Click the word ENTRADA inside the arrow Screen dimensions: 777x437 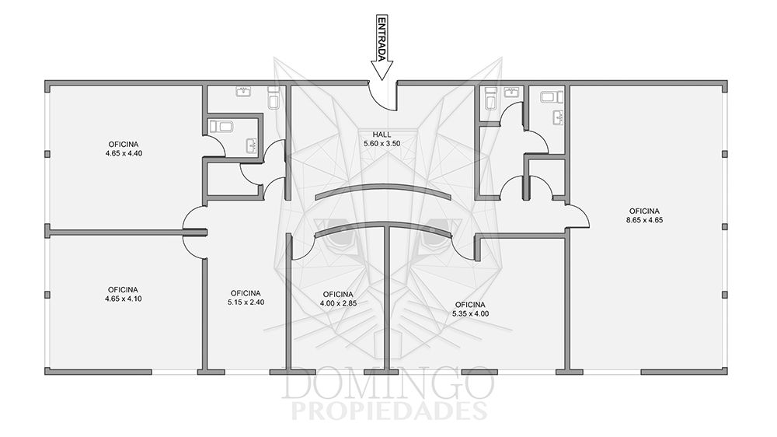pos(382,39)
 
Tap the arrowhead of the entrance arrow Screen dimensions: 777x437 pos(382,70)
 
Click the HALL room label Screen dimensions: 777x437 pos(382,135)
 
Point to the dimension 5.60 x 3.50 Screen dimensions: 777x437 pos(382,143)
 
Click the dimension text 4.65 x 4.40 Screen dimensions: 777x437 pos(124,153)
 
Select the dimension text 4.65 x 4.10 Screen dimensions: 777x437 pos(123,299)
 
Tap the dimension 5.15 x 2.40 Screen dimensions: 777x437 pos(246,302)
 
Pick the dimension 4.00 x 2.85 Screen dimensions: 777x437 pos(338,303)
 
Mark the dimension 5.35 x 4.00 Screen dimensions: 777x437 pos(470,313)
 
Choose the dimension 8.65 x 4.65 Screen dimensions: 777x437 pos(644,220)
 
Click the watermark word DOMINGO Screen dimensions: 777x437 pos(388,383)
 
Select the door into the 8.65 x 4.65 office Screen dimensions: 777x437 pos(578,216)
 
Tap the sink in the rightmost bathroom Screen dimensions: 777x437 pos(559,117)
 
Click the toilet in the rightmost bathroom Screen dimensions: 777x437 pos(552,96)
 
